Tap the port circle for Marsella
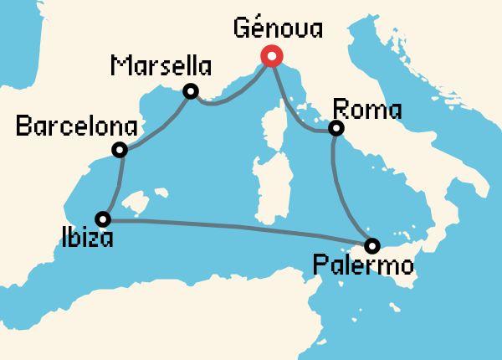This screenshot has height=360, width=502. tap(191, 91)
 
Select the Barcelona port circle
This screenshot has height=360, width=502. tap(120, 151)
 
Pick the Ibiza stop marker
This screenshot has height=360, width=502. tap(103, 219)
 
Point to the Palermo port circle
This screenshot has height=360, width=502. tap(372, 245)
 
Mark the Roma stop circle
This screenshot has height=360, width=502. tap(336, 128)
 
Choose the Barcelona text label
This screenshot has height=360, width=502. tap(77, 127)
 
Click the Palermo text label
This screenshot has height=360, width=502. tap(362, 268)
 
